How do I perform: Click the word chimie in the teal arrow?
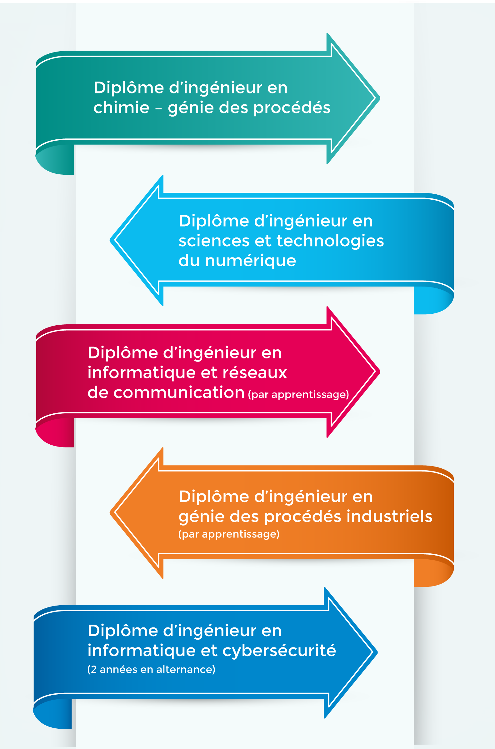[x=121, y=107]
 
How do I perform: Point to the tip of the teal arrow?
[x=380, y=98]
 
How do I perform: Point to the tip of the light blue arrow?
[x=110, y=240]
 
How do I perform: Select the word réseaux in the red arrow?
[x=255, y=373]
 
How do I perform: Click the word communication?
[x=179, y=393]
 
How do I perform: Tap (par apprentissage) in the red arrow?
[x=298, y=395]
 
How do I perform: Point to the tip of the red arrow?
[x=380, y=372]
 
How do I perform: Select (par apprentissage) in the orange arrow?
[x=229, y=534]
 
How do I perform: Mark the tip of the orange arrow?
[x=110, y=513]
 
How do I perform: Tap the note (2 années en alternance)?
[x=151, y=669]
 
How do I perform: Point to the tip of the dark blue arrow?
[x=377, y=652]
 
